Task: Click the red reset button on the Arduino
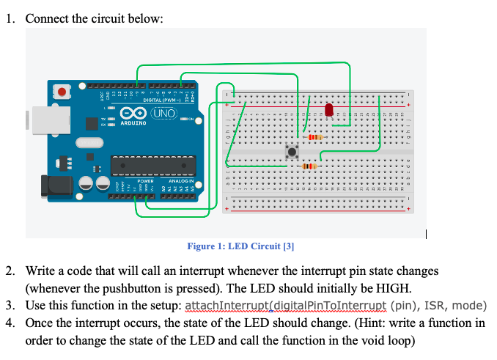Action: (x=63, y=92)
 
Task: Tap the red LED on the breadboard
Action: (x=328, y=110)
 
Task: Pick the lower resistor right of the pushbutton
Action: (x=309, y=168)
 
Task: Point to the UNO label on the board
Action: (x=163, y=114)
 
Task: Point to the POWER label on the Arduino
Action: (x=145, y=180)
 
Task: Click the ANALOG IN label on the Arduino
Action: (x=180, y=180)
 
